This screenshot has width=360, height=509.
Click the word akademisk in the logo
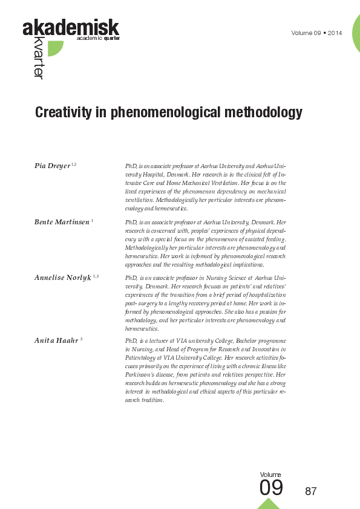[x=71, y=28]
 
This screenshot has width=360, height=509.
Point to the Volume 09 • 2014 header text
[x=316, y=33]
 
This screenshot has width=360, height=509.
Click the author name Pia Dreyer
[x=52, y=165]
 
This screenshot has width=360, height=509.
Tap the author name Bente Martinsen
[x=61, y=222]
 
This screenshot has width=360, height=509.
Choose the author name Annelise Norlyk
[x=63, y=276]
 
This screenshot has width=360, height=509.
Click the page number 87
[x=311, y=491]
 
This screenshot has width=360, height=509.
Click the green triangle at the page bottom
[x=269, y=504]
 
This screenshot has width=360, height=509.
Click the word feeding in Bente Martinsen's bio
[x=275, y=239]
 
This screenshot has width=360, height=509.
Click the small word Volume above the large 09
[x=270, y=475]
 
